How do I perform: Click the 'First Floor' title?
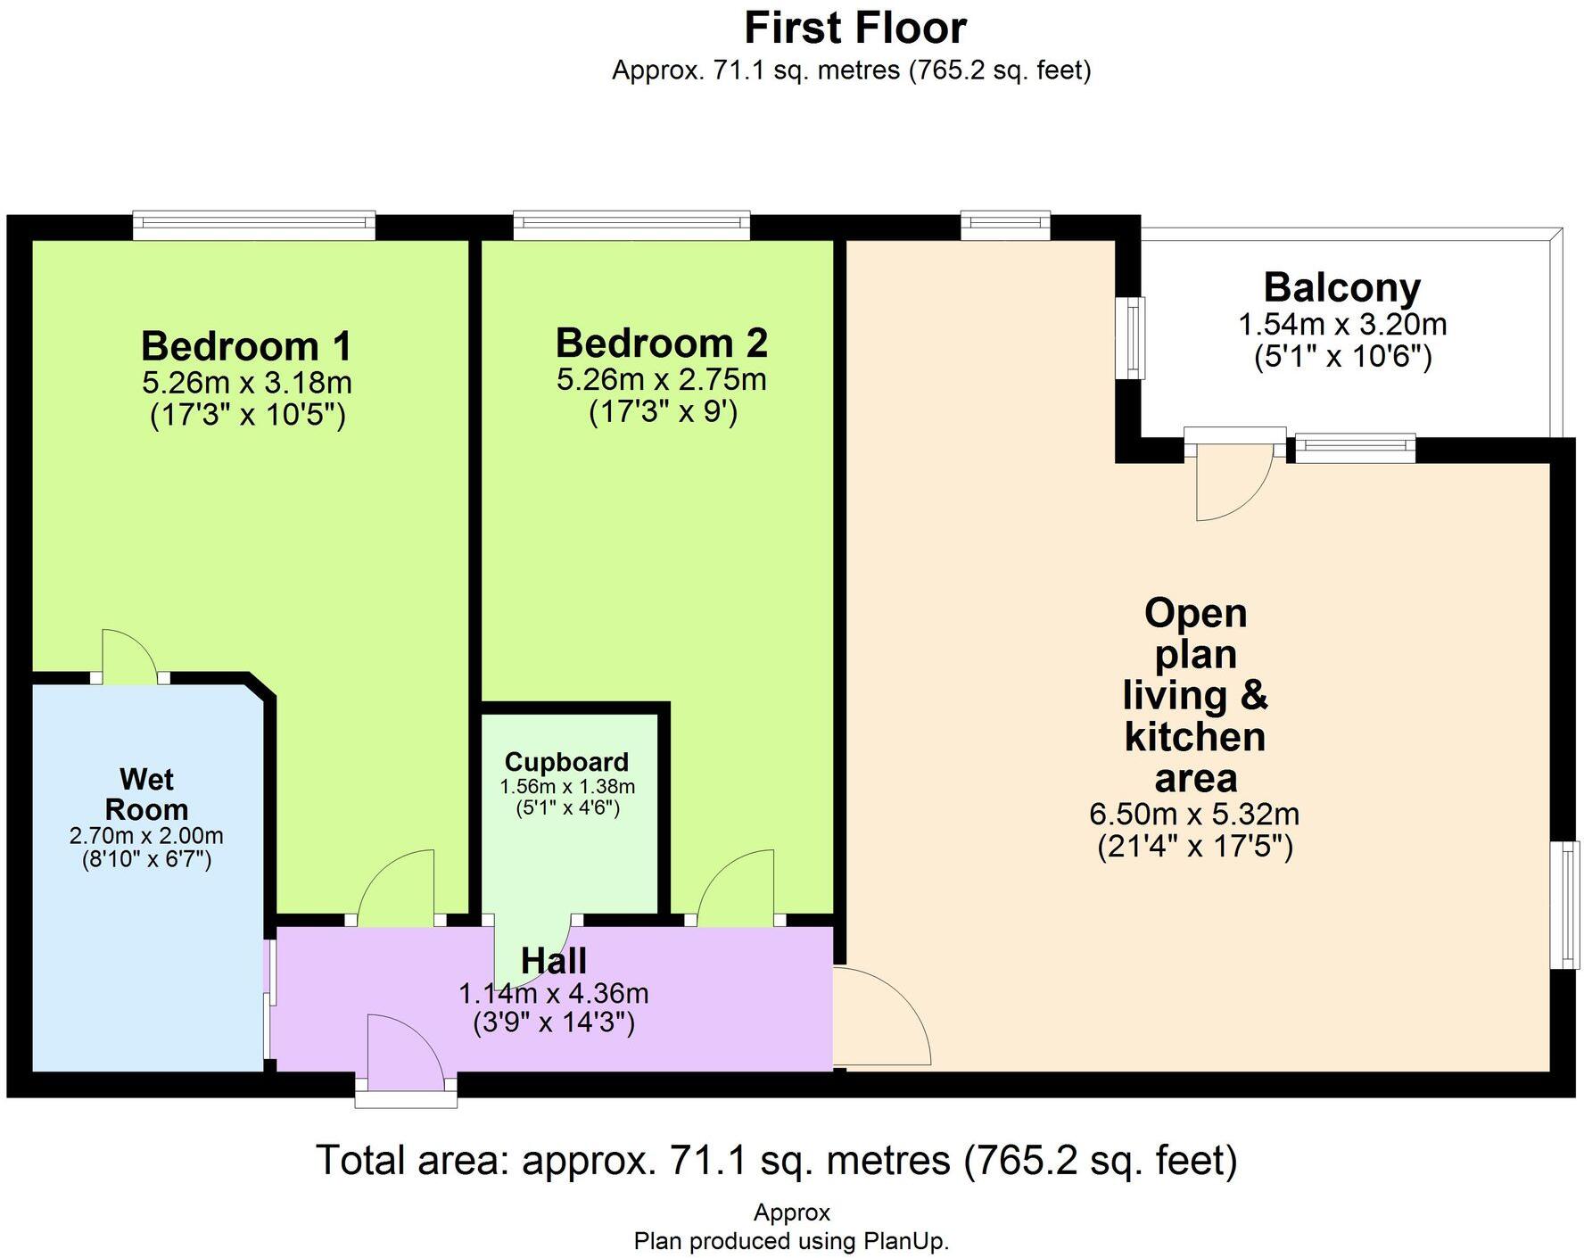(x=855, y=28)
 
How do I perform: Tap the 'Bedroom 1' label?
(x=247, y=346)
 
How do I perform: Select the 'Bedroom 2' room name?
(x=662, y=343)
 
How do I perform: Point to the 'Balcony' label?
(x=1342, y=288)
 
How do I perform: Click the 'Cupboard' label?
(x=567, y=762)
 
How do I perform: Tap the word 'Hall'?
(x=554, y=961)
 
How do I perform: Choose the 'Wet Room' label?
(x=146, y=794)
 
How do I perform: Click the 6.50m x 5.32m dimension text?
(x=1194, y=814)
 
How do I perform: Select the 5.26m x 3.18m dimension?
(x=247, y=383)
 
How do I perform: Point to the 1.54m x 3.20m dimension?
(x=1342, y=325)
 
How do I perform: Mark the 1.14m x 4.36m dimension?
(x=554, y=993)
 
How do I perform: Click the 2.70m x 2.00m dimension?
(x=146, y=836)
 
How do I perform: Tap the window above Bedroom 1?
(x=254, y=225)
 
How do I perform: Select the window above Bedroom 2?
(x=631, y=225)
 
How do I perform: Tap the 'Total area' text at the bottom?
(x=777, y=1160)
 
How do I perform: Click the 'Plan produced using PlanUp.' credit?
(x=791, y=1241)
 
